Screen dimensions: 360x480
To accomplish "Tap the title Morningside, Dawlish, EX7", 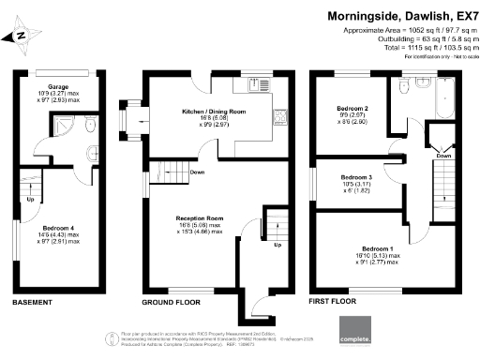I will point(400,15).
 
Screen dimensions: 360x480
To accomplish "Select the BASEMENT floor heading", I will point(35,304).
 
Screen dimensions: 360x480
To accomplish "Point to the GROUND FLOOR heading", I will point(169,304).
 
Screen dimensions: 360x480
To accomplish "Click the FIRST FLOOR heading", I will point(334,304).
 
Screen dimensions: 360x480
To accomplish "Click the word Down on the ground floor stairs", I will point(197,172).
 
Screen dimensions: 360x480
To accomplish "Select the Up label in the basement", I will point(30,199).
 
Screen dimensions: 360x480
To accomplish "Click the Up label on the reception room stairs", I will point(277,246).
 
